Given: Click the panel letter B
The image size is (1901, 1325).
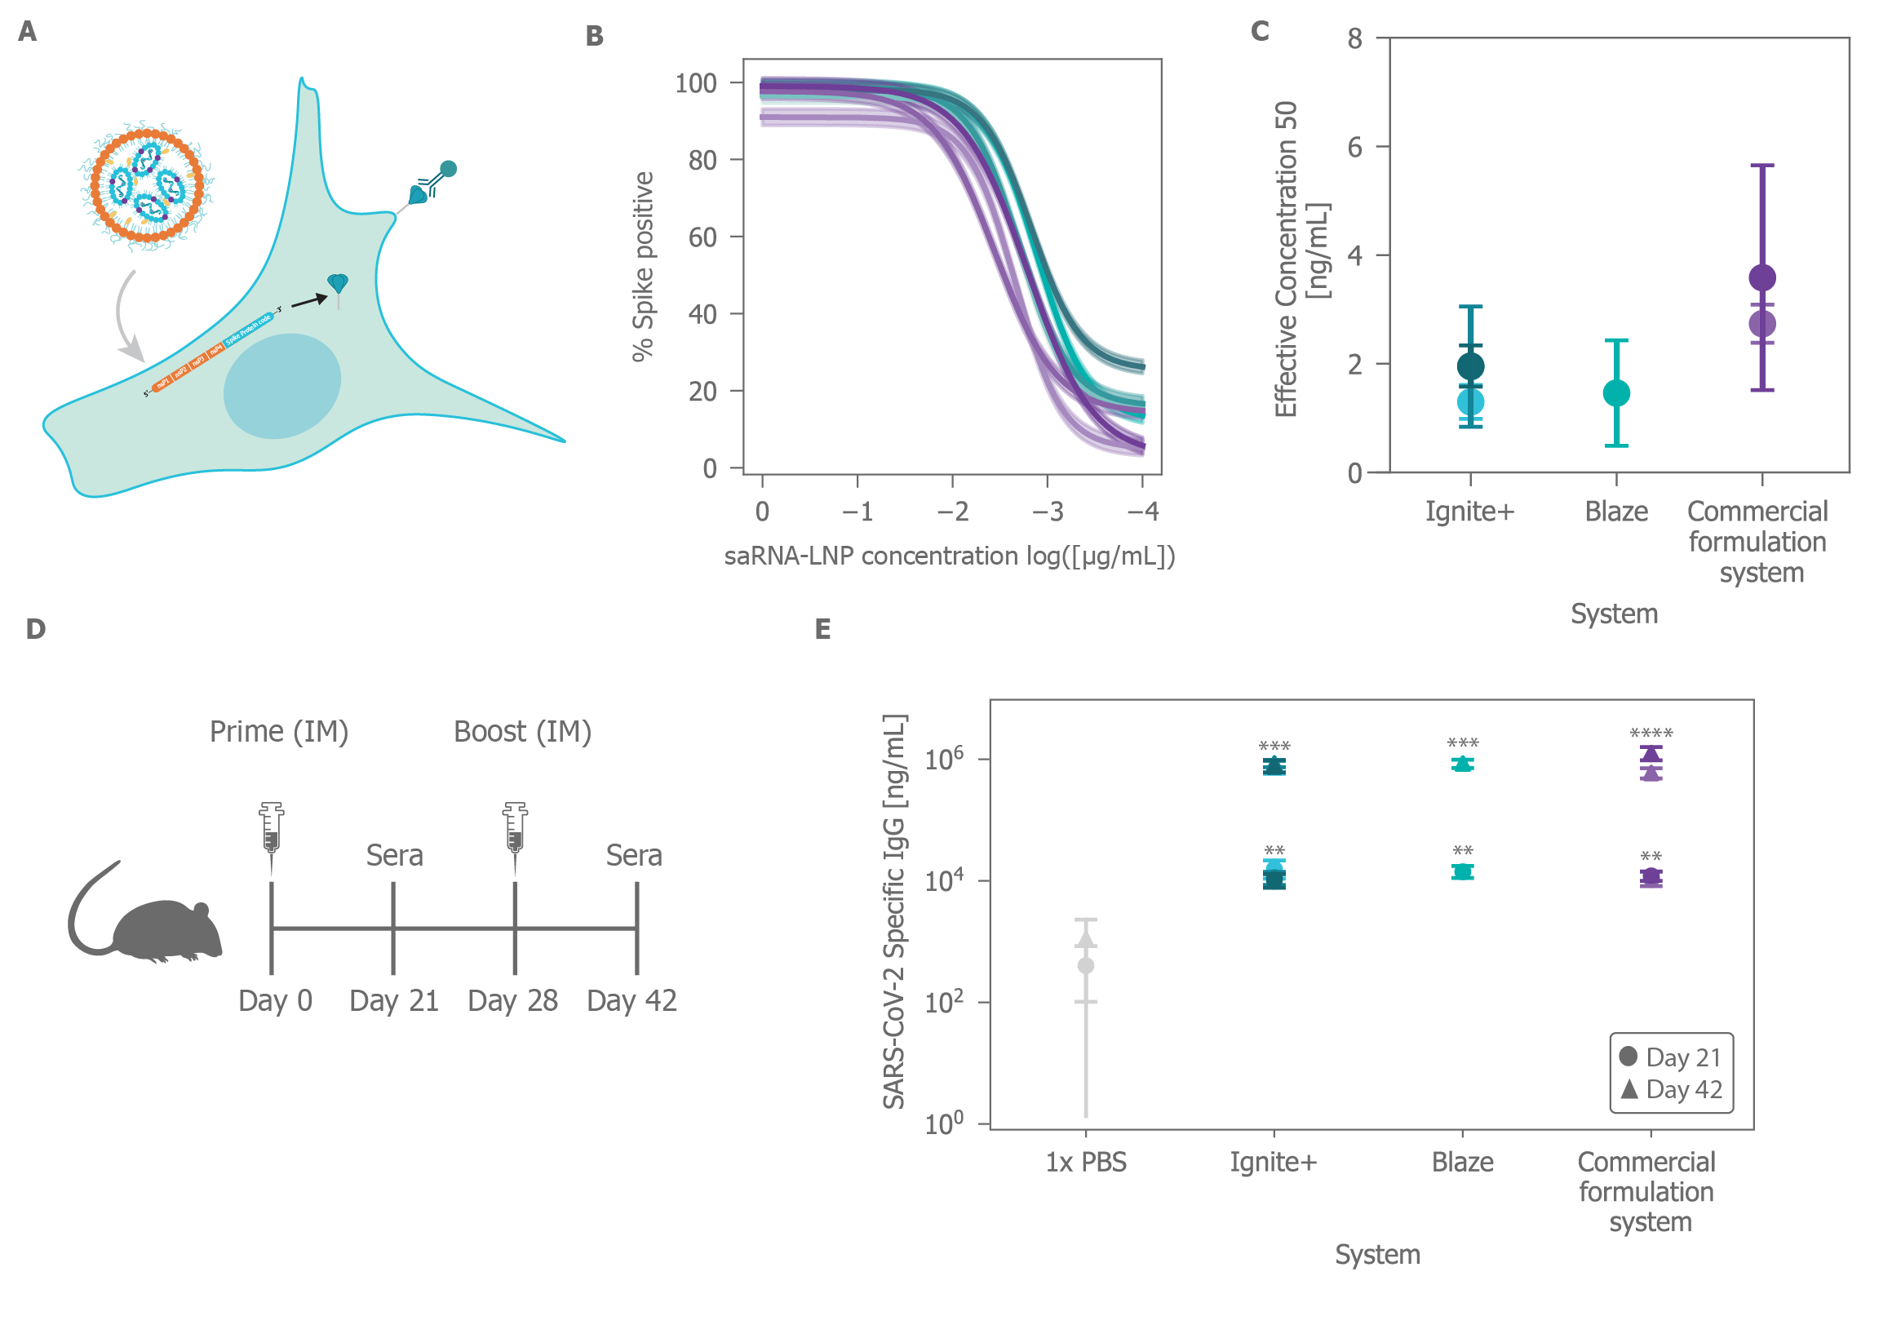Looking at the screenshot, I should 595,36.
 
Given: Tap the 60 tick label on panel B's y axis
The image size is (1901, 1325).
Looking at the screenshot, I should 702,237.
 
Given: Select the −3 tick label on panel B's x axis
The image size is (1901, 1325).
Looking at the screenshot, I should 1048,512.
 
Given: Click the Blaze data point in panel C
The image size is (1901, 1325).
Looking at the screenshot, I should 1616,393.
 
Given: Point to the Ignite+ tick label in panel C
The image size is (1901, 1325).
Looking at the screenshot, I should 1469,512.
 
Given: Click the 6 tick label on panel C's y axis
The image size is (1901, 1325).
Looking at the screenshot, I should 1354,148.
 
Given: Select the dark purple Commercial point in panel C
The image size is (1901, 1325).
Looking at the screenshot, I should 1762,277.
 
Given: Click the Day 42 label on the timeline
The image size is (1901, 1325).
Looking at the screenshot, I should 631,1001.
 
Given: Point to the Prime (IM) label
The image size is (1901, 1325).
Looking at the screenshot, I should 279,732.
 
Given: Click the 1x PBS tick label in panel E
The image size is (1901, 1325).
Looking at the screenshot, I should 1085,1163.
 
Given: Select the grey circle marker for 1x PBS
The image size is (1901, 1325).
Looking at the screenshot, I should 1086,965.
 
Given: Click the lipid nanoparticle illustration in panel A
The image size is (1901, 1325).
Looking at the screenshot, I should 148,185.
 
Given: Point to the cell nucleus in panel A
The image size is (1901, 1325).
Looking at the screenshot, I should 282,386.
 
